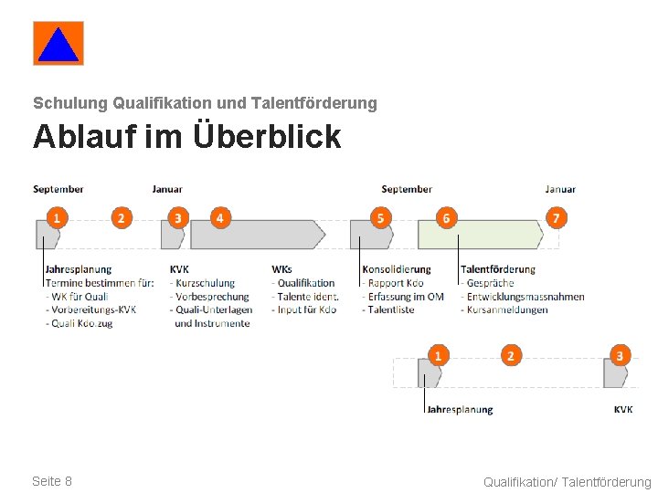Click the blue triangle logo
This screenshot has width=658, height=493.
coord(58,44)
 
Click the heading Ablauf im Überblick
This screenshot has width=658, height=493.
coord(186,137)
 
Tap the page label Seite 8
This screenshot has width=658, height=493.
coord(52,481)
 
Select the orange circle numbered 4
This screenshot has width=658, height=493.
coord(219,218)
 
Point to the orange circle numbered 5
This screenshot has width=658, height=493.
coord(380,218)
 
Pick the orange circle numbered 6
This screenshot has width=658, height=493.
coord(446,218)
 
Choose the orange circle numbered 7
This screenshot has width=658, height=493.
coord(557,218)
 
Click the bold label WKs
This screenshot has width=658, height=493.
coord(281,269)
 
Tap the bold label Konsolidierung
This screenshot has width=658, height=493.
coord(397,269)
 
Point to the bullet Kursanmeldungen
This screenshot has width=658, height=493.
coord(506,309)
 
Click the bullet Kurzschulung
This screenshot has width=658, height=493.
coord(205,283)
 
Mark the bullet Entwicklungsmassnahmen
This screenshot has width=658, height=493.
coord(524,297)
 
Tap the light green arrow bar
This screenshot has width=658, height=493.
coord(479,236)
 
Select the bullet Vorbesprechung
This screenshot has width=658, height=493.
coord(211,297)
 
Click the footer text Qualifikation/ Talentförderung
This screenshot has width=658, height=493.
coord(567,482)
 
